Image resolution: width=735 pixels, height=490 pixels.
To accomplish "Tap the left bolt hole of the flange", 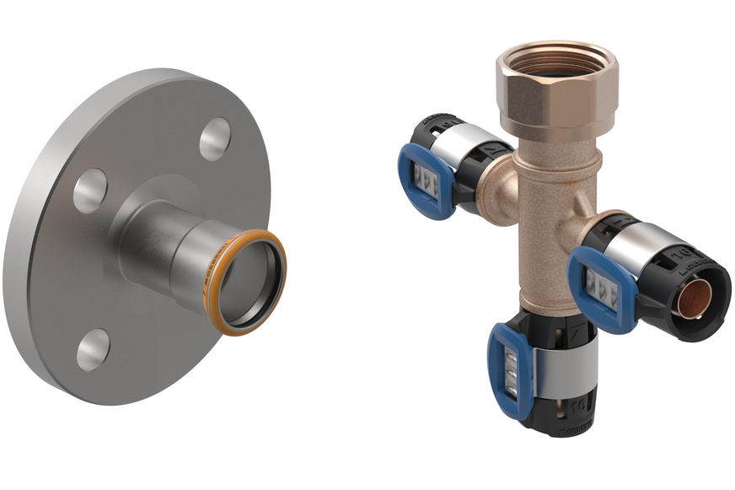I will [x=89, y=191].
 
